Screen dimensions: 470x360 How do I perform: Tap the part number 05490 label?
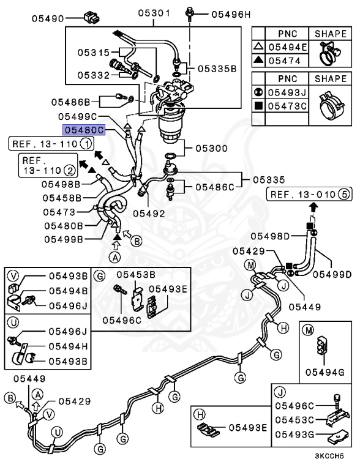tap(49, 19)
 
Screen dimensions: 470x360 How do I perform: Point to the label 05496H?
tap(231, 13)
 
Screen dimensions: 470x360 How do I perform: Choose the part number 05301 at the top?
tap(153, 13)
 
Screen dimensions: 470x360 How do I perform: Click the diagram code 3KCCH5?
tap(334, 456)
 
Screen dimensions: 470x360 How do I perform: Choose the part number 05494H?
tap(69, 346)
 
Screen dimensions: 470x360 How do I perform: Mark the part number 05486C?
tap(214, 185)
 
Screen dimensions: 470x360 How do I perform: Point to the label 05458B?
tap(61, 198)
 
